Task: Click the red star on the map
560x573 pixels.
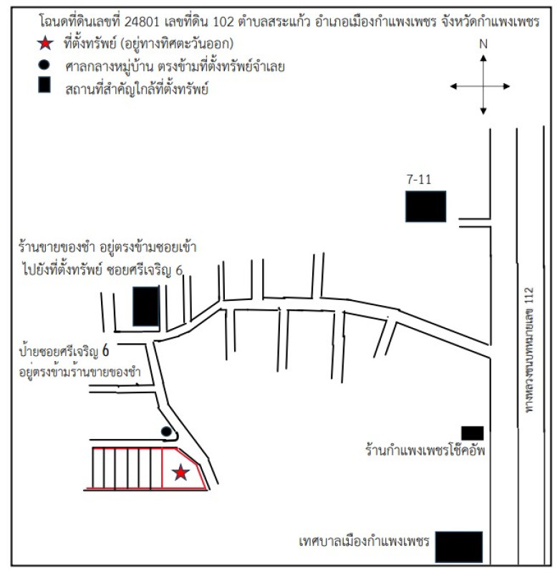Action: pyautogui.click(x=181, y=472)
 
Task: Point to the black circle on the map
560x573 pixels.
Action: pyautogui.click(x=166, y=431)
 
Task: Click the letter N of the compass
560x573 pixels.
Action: pyautogui.click(x=483, y=44)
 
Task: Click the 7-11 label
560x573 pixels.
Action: pyautogui.click(x=419, y=180)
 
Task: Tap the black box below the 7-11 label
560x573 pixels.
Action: pyautogui.click(x=426, y=206)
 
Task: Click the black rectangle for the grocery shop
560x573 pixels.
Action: pyautogui.click(x=146, y=306)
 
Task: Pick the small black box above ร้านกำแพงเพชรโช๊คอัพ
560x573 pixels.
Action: pyautogui.click(x=473, y=433)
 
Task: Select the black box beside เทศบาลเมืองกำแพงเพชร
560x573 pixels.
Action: pyautogui.click(x=459, y=548)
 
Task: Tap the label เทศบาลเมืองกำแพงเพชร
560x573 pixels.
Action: pyautogui.click(x=363, y=541)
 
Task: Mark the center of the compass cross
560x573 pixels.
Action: pyautogui.click(x=483, y=86)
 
